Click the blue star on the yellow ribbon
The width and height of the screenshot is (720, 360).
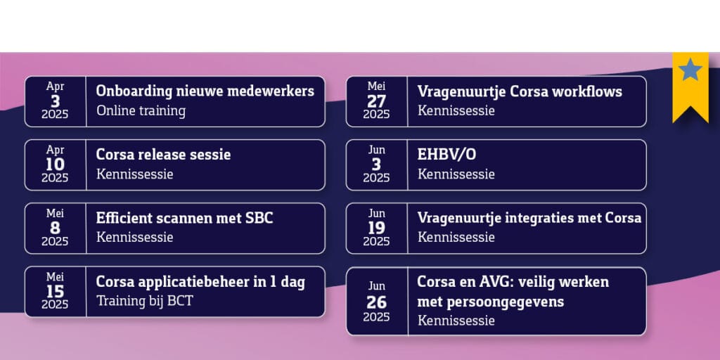690,70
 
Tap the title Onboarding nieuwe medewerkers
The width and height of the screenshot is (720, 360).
205,91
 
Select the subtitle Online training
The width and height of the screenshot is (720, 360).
141,110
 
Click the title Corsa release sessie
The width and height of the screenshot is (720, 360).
163,154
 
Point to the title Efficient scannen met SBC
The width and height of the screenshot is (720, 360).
185,218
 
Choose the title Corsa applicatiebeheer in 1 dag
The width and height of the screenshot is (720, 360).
200,281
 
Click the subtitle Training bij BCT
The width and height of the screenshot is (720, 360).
145,301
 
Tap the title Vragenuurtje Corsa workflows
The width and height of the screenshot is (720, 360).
520,91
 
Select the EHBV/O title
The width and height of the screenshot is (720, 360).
446,155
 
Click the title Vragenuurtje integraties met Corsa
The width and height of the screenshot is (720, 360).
529,218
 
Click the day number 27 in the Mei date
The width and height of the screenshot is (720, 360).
377,101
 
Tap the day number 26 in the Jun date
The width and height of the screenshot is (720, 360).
377,302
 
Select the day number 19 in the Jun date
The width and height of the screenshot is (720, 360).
377,229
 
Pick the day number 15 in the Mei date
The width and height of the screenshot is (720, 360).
55,292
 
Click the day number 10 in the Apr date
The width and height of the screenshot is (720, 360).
55,165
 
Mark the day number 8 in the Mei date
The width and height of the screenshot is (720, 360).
55,229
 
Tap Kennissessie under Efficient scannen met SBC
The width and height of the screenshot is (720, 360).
134,238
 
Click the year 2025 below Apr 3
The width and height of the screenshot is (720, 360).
55,115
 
